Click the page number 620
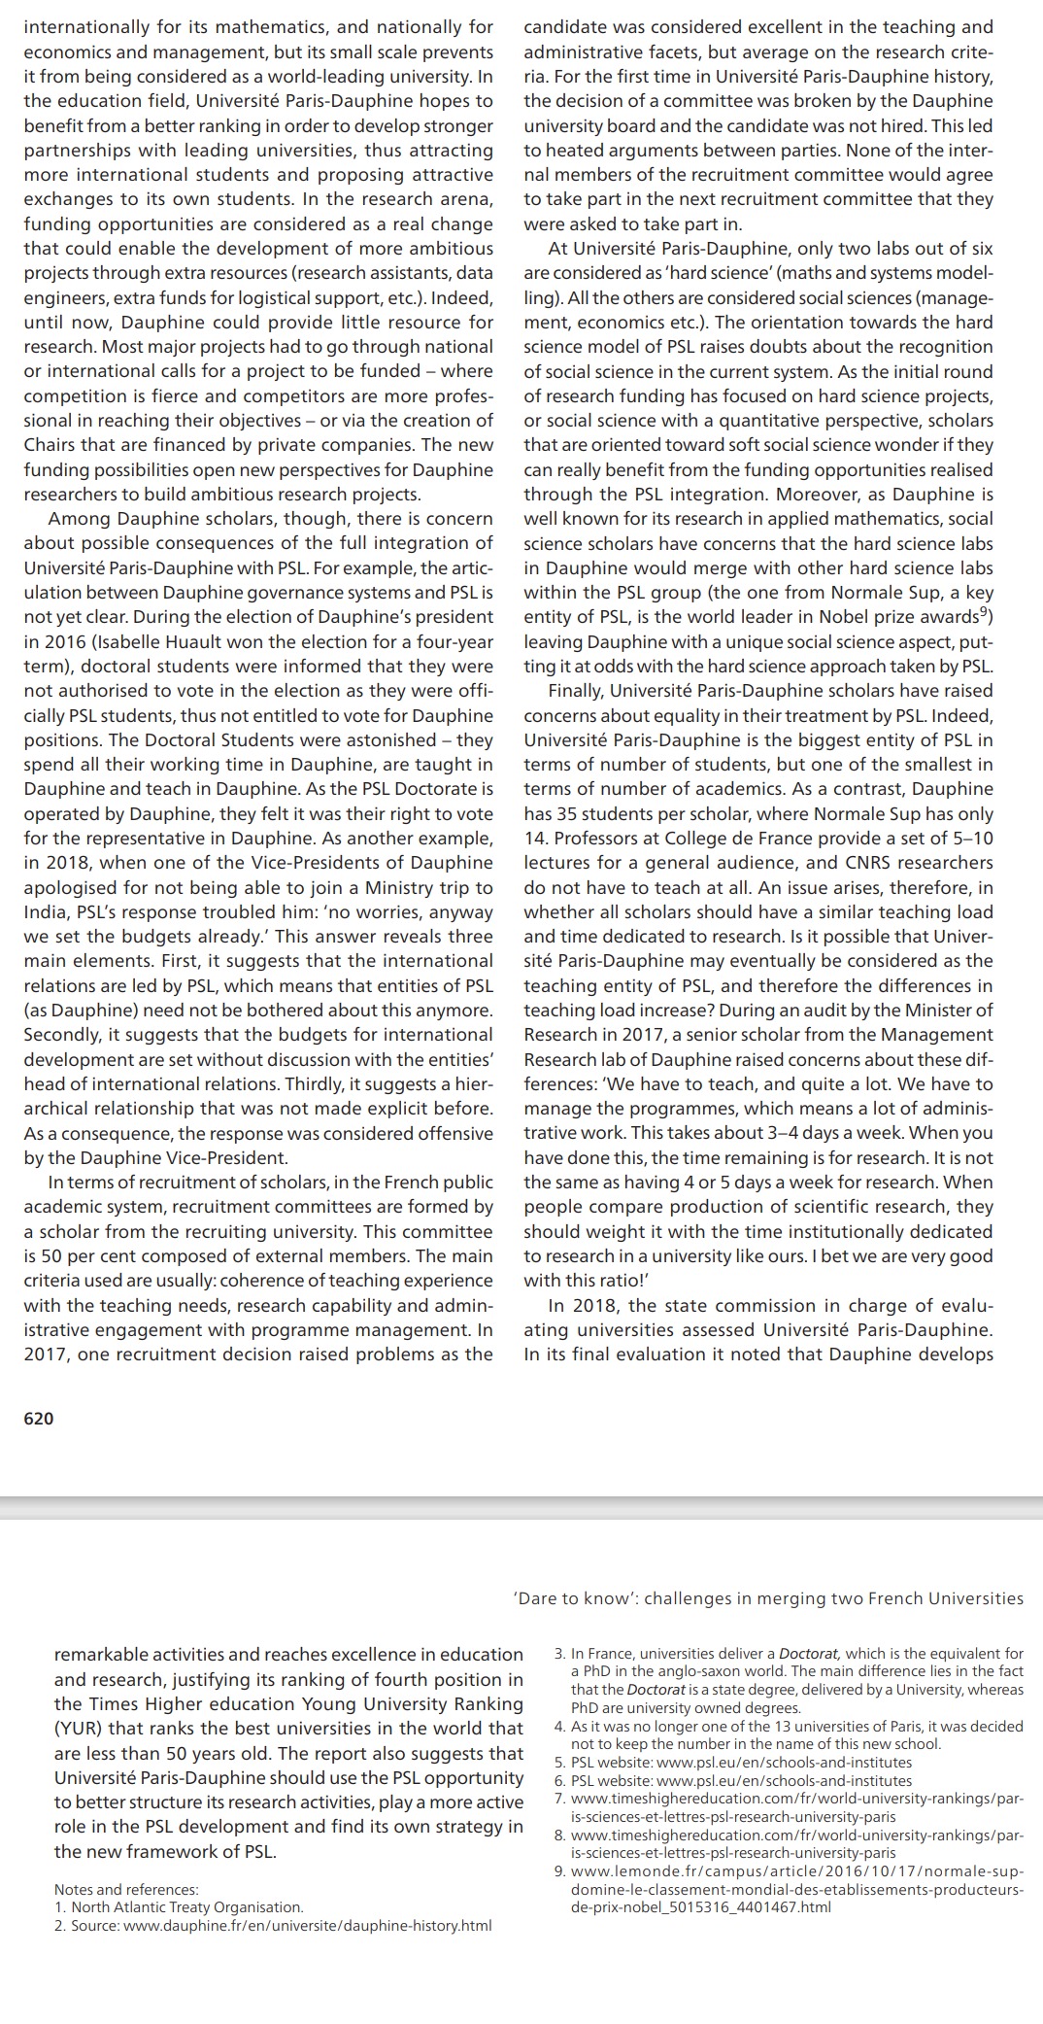tap(39, 1419)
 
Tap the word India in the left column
tap(46, 911)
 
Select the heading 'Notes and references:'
tap(126, 1890)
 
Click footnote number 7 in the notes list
tap(559, 1799)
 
